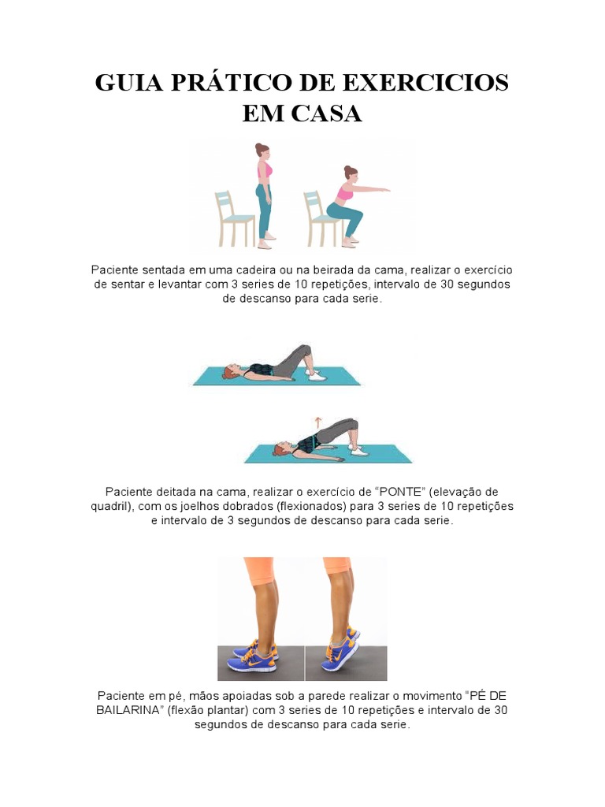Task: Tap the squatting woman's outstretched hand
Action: [x=384, y=189]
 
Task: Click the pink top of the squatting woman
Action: [x=346, y=192]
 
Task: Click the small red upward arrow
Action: [x=319, y=421]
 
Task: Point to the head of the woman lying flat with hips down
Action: [x=229, y=370]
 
